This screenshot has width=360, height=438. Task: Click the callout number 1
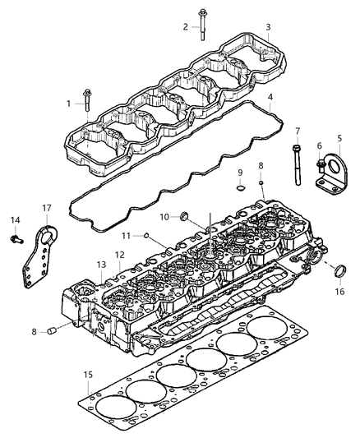[69, 103]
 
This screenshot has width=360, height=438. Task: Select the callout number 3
[267, 27]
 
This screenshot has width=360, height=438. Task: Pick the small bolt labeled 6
[319, 166]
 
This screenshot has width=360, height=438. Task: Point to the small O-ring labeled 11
[147, 235]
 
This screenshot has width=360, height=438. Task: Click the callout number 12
[120, 255]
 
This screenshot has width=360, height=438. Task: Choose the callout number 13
[101, 265]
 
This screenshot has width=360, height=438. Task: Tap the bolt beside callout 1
[85, 103]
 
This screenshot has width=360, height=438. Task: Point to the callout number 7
[298, 131]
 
